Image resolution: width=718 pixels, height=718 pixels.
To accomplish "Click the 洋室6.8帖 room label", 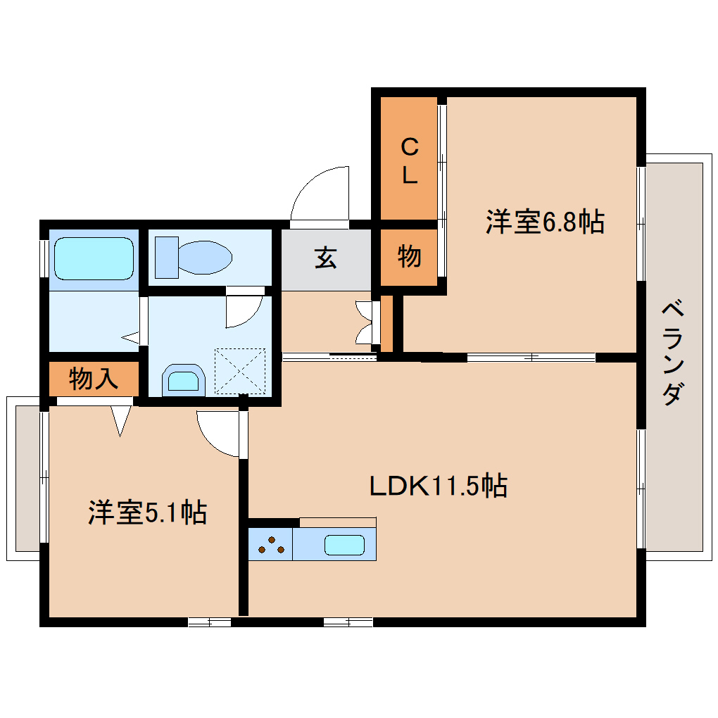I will click(x=544, y=222).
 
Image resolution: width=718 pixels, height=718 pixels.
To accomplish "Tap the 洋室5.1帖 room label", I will click(x=147, y=512).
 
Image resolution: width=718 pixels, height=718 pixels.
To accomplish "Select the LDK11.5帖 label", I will click(x=439, y=486).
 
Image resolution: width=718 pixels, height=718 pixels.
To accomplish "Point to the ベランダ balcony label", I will click(x=673, y=353).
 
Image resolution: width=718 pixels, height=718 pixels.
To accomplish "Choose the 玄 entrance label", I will click(x=325, y=258).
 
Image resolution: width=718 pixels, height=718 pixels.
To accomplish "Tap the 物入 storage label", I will click(x=93, y=379).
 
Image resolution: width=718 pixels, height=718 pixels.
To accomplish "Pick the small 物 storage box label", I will click(x=409, y=257).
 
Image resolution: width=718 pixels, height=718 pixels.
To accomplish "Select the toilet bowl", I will click(x=205, y=258).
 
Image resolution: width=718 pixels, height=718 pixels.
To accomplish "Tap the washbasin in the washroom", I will click(x=182, y=381).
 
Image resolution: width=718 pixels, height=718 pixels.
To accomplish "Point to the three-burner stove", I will click(x=270, y=546).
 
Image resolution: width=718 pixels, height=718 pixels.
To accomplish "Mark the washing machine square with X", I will click(x=241, y=370).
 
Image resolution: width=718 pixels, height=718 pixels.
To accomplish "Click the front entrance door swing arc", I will click(x=320, y=194).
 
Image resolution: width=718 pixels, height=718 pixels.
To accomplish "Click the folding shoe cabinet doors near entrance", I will click(x=365, y=322).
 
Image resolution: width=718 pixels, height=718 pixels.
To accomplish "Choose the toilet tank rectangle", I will click(x=166, y=258).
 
